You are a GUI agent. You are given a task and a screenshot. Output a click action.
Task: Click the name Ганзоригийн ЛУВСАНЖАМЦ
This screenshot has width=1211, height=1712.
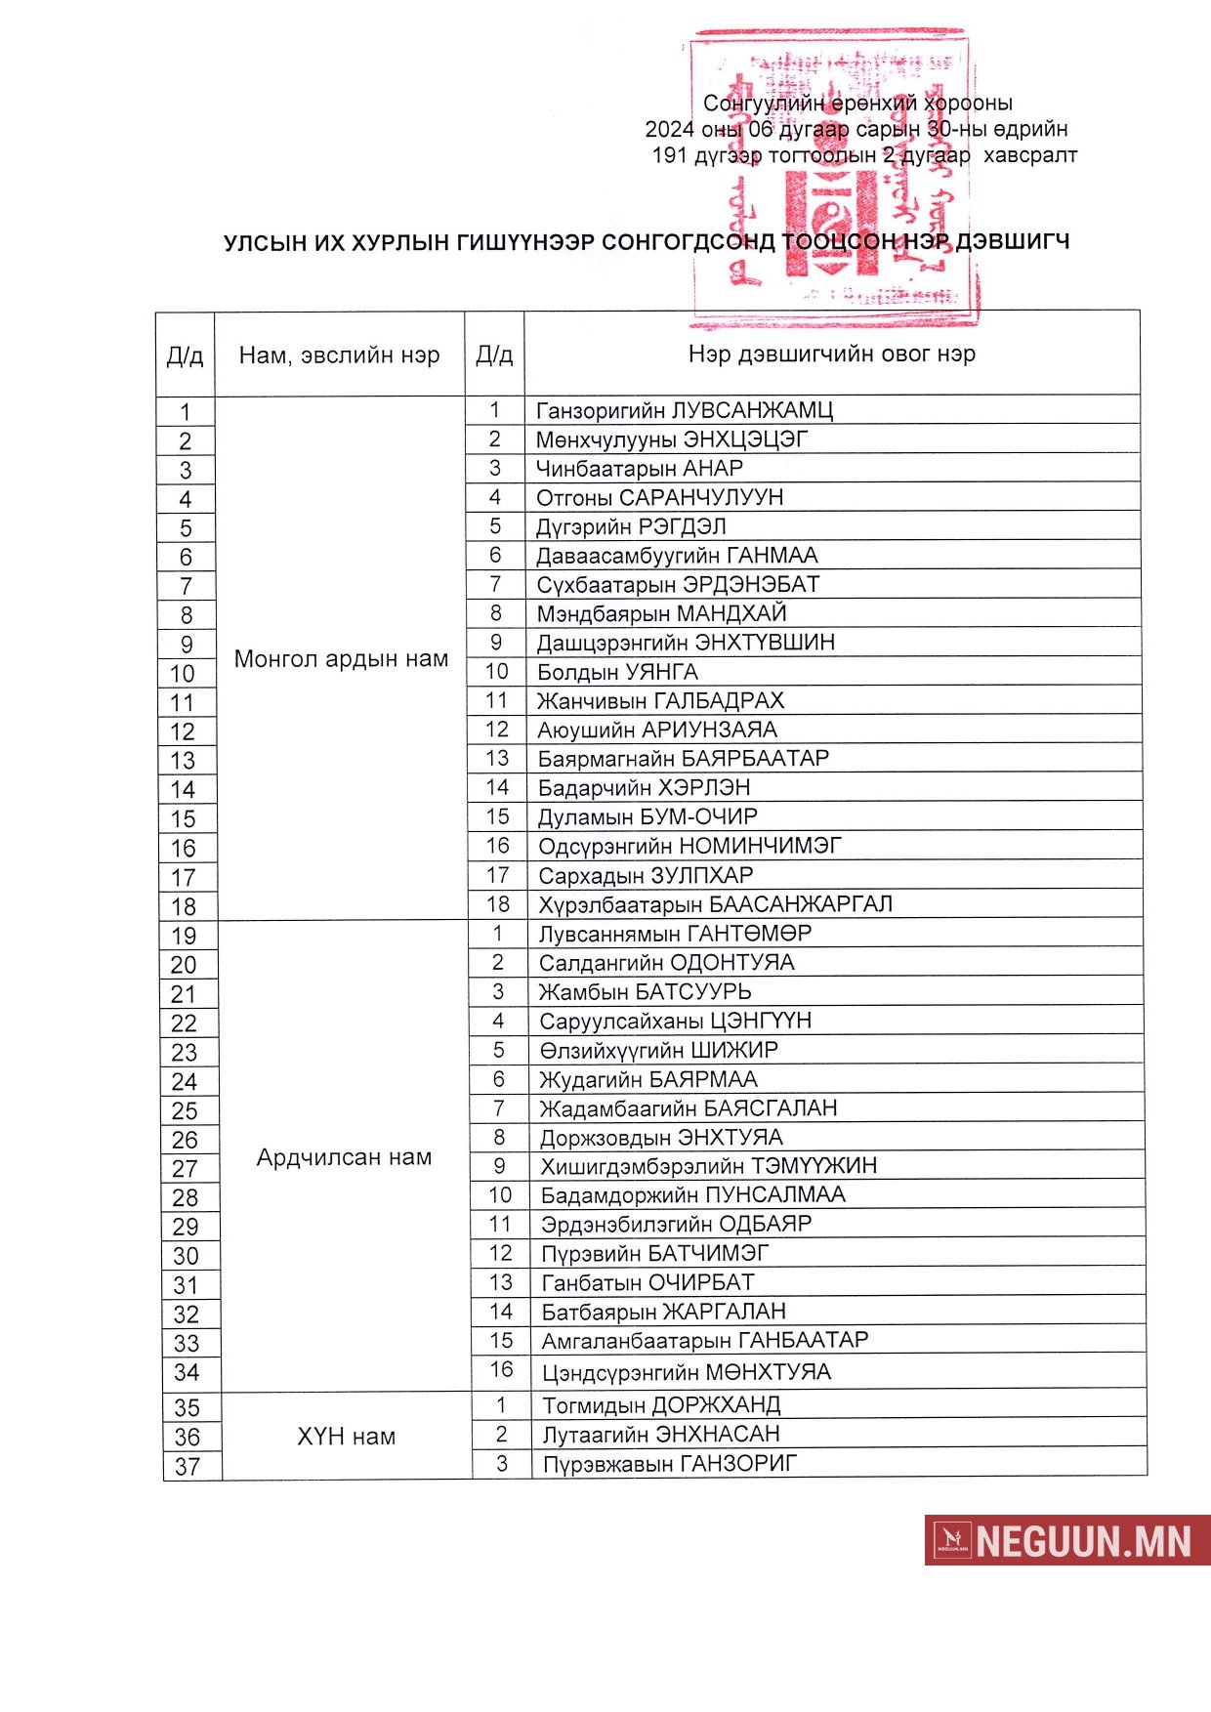pos(684,410)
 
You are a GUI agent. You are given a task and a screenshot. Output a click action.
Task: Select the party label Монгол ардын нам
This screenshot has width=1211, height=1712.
pos(341,659)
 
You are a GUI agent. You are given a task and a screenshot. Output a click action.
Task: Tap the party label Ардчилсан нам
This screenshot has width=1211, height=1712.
pos(344,1157)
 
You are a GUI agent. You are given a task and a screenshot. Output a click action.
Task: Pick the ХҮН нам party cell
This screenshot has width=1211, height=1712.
pos(346,1437)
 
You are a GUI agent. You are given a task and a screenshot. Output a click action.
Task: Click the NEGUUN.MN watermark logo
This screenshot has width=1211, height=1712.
pos(1066,1540)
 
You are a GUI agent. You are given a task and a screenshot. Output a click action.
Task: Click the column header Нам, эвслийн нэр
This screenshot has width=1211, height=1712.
pos(339,355)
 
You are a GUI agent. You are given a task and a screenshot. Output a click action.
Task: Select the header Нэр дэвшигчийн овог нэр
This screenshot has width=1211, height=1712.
pos(831,354)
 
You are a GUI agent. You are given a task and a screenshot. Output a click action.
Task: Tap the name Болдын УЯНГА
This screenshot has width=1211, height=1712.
pos(617,672)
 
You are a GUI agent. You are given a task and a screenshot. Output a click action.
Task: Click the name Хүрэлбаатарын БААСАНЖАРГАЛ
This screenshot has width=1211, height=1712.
pos(715,904)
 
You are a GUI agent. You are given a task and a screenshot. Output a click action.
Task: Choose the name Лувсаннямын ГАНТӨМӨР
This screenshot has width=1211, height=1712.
pos(675,934)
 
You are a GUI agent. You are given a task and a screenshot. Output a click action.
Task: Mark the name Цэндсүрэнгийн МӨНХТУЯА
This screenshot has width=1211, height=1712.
pos(687,1372)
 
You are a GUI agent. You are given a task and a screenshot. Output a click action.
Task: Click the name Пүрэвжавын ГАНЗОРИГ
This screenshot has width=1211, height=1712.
pos(670,1464)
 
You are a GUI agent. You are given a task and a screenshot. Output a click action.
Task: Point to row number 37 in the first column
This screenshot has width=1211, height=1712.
pos(188,1466)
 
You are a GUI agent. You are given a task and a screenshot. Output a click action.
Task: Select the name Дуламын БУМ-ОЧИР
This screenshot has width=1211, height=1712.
pos(647,816)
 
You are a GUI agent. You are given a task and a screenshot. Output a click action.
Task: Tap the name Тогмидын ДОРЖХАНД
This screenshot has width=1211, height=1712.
pos(661,1405)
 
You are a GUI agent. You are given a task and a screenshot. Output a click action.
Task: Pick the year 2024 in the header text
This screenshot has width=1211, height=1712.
pos(669,129)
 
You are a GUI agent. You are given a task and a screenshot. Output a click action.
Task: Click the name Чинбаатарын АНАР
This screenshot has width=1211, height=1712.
pos(639,468)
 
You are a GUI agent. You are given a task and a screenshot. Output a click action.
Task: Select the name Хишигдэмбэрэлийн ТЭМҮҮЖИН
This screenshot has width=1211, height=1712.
pos(709,1166)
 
